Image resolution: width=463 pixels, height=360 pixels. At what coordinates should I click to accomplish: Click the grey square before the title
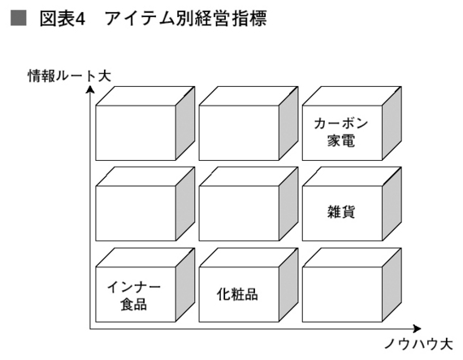pos(19,18)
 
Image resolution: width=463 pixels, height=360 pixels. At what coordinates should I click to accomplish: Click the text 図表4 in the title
pos(63,19)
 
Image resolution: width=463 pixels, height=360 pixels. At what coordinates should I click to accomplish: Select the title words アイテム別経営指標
pos(186,19)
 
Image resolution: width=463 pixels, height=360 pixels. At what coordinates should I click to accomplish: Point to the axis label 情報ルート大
pos(69,76)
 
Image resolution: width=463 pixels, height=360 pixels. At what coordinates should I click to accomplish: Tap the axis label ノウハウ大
pos(418,344)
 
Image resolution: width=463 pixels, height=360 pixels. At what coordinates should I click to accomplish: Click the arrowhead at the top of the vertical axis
pos(90,89)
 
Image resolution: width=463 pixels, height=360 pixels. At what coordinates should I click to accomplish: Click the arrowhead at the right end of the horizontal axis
pos(417,328)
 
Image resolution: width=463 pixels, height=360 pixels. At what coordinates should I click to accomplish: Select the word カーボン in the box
pos(341,124)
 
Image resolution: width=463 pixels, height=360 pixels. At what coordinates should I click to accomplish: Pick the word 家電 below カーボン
pos(341,141)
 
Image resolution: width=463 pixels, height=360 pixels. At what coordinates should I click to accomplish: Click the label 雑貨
pos(341,212)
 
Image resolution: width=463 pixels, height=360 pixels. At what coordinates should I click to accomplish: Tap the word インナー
pos(134,287)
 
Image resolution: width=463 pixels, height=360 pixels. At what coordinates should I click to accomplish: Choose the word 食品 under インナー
pos(134,304)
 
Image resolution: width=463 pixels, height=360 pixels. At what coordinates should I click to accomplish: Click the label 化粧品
pos(237,294)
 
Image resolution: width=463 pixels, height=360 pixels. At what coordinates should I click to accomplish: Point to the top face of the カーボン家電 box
pos(352,96)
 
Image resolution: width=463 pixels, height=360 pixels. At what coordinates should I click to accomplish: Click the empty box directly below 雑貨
pos(343,294)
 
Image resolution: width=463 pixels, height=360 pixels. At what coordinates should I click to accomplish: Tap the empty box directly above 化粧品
pos(239,213)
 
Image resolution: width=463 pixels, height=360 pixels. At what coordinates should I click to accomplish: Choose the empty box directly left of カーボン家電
pos(239,133)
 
